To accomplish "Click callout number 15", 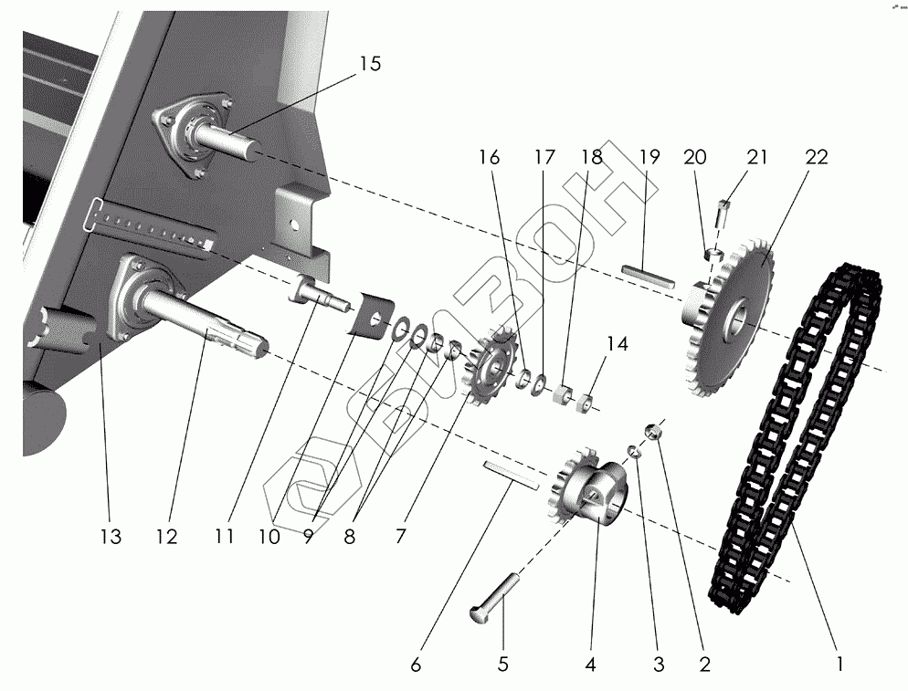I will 369,64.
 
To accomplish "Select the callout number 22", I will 816,157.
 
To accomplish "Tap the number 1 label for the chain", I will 839,665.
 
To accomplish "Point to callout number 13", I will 110,538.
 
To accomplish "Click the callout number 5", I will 502,665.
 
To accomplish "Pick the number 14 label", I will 618,344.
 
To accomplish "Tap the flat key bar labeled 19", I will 648,275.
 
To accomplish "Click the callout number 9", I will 309,538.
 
